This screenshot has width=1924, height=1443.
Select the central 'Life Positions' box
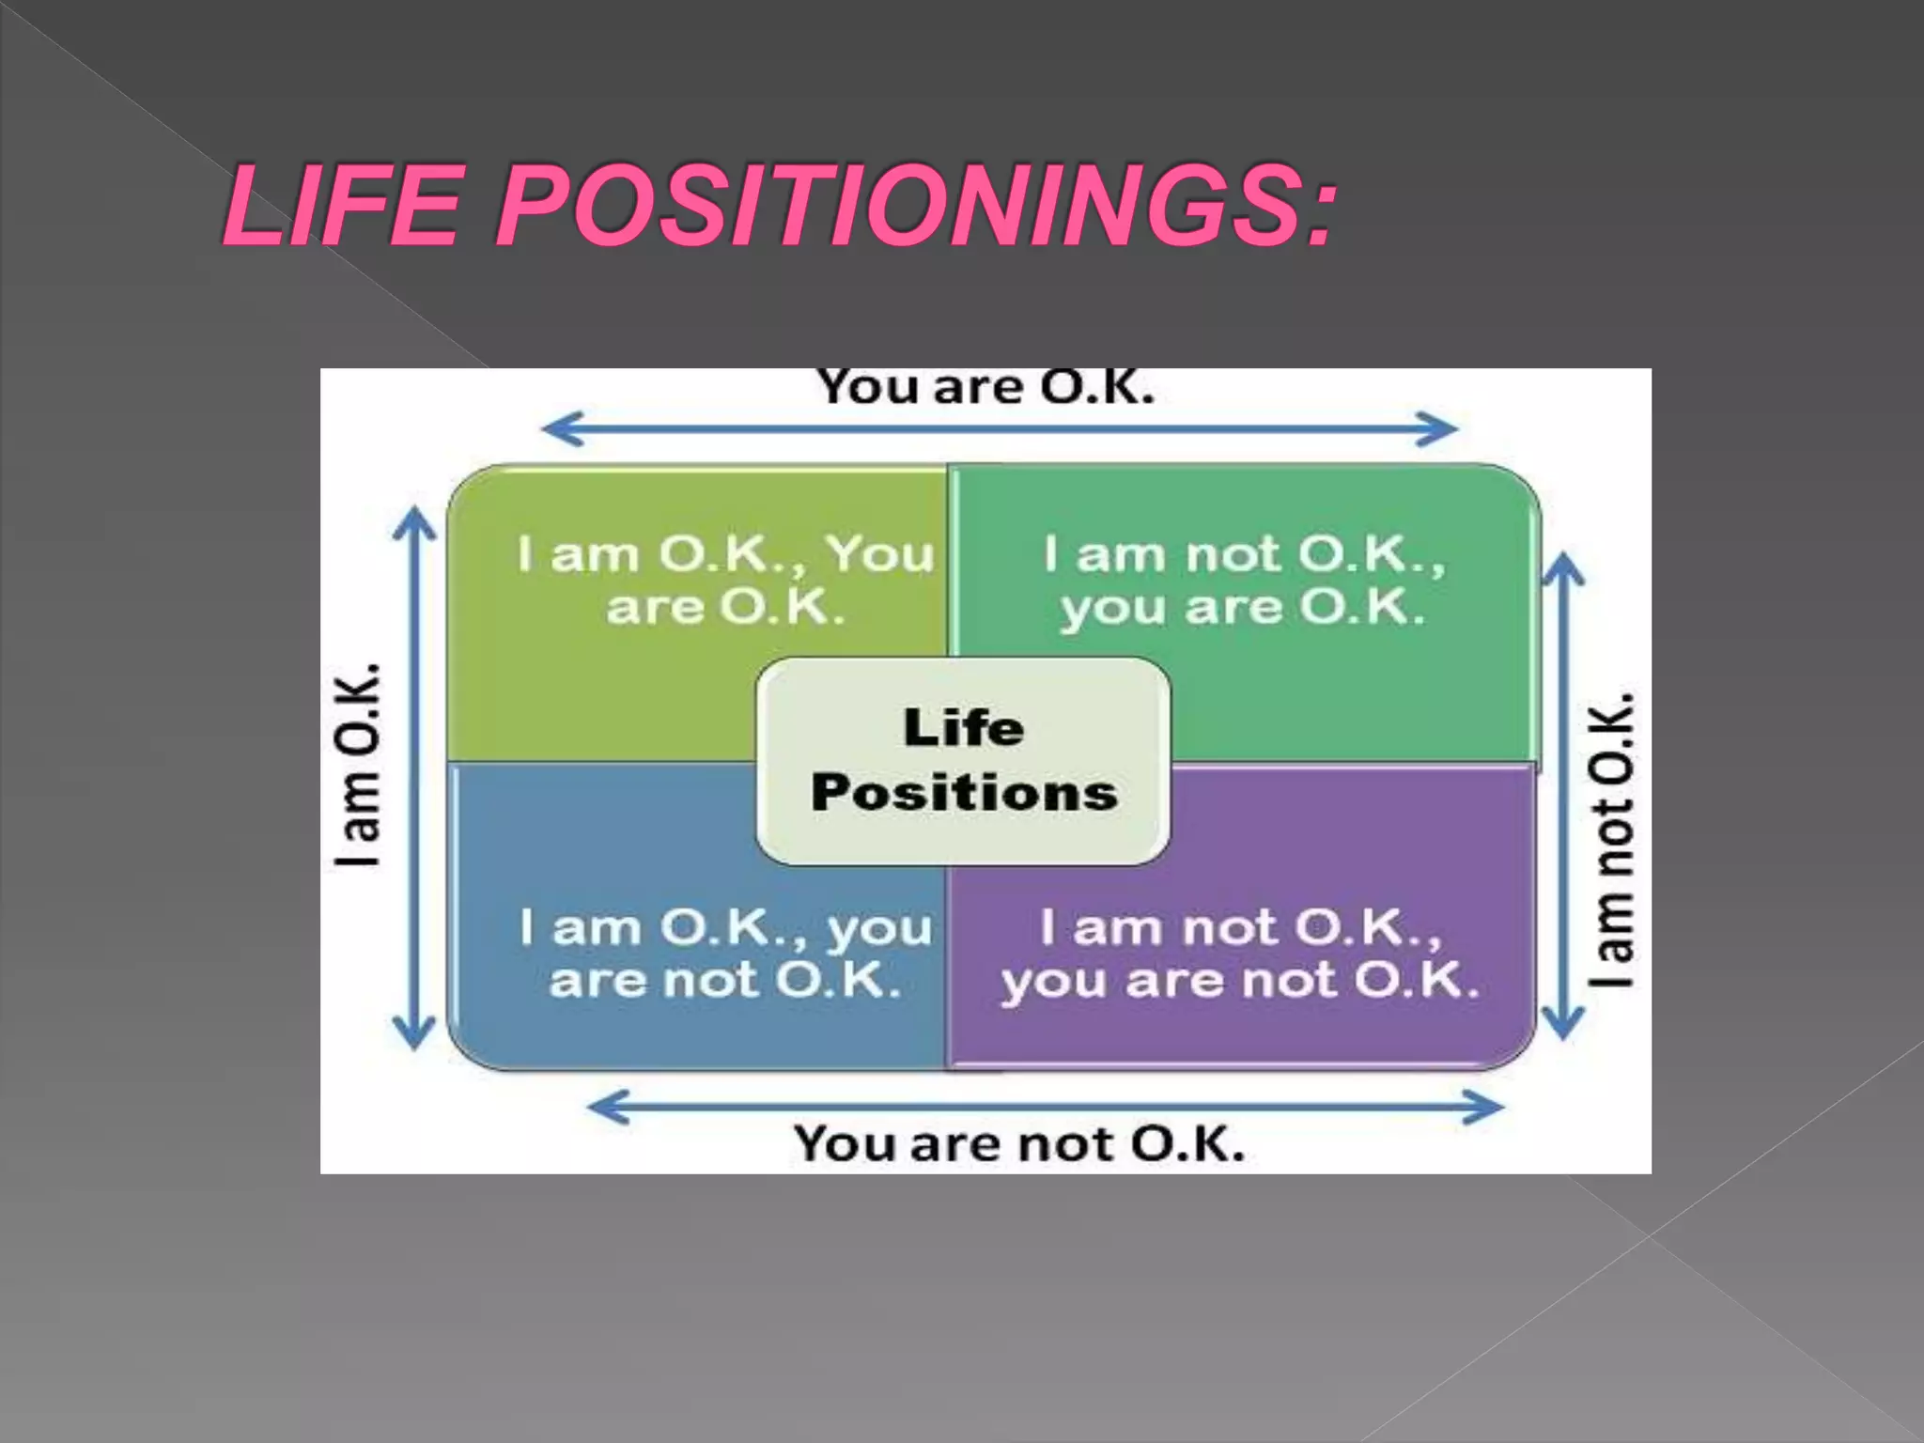coord(964,760)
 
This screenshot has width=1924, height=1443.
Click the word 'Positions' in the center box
coord(965,792)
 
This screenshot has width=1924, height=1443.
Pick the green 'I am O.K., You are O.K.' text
coord(725,580)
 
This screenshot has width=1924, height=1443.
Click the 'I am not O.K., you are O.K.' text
coord(1244,580)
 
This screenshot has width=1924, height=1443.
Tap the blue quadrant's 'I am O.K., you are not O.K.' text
coord(725,954)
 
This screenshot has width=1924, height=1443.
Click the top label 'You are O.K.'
coord(985,388)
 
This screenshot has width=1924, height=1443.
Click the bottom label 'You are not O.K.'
coord(1019,1144)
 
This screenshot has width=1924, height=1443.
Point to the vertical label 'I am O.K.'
coord(359,764)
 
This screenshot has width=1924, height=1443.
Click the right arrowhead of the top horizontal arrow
coord(1443,429)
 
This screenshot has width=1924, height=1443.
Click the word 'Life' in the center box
coord(964,728)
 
